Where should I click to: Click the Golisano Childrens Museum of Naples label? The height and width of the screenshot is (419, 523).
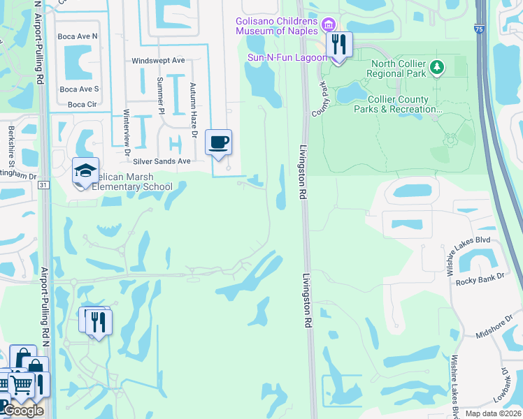[x=276, y=26]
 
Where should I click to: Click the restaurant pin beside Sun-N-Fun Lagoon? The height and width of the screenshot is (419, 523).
[x=339, y=46]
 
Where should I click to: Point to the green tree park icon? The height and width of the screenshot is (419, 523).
[x=438, y=66]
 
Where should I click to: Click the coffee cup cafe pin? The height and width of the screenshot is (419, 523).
[x=219, y=143]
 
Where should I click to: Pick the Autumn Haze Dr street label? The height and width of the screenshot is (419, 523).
[x=193, y=104]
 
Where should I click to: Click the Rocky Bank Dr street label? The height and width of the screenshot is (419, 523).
[x=480, y=281]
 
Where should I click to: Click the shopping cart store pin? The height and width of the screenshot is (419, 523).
[x=22, y=385]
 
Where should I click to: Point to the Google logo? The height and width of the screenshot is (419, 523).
[x=24, y=411]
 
